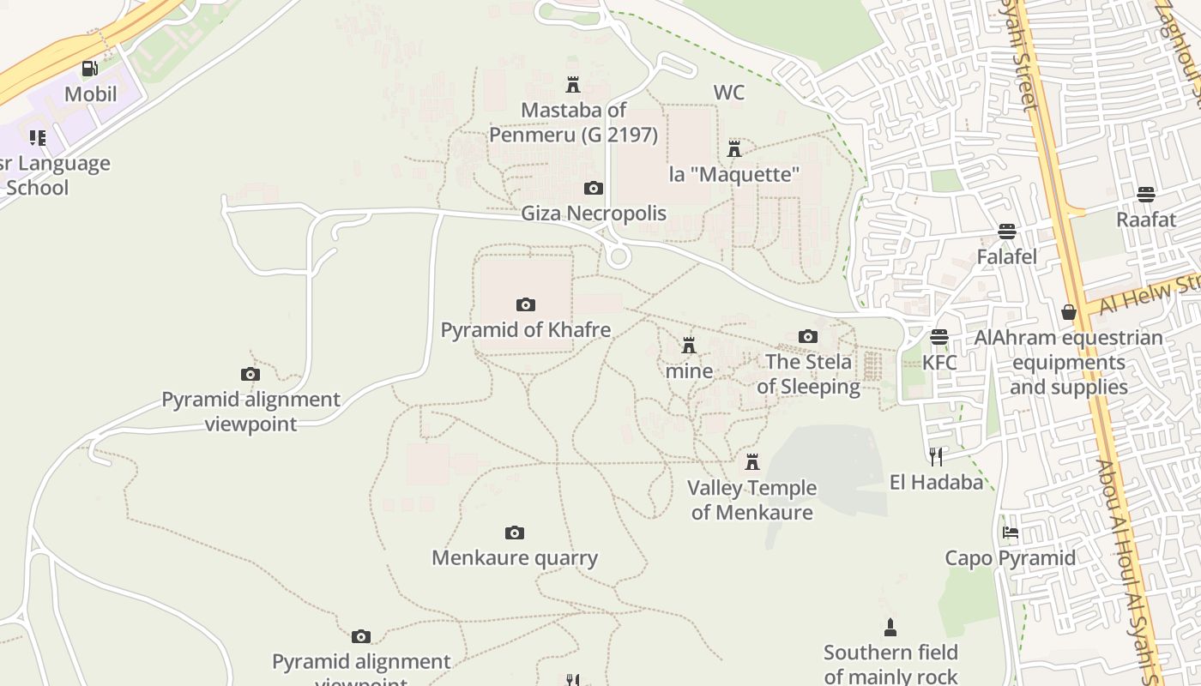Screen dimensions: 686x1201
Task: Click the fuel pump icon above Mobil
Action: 89,69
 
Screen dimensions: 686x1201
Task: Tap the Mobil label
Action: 90,93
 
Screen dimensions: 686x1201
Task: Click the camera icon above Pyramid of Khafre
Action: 526,304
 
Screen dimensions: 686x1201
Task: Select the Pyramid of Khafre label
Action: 526,330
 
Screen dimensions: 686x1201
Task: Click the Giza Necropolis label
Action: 594,213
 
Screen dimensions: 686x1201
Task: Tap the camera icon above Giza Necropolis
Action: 593,188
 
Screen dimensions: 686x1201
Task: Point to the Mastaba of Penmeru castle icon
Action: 573,84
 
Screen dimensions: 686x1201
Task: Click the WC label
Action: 728,92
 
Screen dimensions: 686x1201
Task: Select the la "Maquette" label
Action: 734,174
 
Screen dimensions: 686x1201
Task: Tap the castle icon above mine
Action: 689,346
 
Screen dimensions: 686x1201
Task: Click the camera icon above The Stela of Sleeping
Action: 808,336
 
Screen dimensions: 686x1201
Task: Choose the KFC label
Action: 939,362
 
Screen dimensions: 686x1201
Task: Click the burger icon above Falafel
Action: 1007,232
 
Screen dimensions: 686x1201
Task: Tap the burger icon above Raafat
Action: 1146,194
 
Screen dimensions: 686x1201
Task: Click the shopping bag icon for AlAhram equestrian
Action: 1069,312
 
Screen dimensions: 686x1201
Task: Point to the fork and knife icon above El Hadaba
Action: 936,456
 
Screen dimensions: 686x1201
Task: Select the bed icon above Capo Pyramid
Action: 1011,533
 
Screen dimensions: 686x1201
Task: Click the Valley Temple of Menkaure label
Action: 752,500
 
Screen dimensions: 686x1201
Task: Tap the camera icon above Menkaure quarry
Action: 515,533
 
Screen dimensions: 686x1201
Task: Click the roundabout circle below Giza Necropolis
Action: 617,256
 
